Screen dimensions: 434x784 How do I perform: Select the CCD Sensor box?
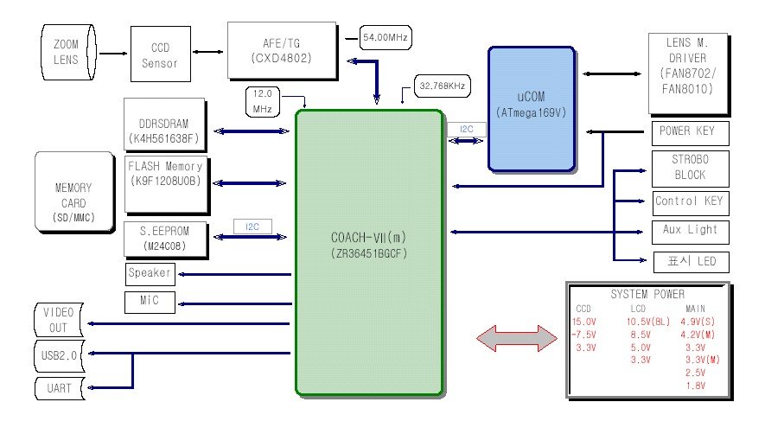pos(161,54)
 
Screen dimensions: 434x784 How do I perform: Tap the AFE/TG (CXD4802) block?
pos(281,50)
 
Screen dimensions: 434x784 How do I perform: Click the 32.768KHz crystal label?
pos(443,87)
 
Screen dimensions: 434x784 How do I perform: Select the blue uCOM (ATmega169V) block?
pos(531,107)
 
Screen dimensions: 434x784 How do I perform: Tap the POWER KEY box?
pos(688,132)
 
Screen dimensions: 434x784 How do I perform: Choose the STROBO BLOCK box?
pos(690,168)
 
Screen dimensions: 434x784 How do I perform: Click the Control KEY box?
pos(690,202)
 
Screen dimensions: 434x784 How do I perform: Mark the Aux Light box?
pos(690,231)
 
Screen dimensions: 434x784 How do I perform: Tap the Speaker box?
pos(150,274)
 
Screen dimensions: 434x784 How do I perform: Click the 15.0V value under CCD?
pos(585,322)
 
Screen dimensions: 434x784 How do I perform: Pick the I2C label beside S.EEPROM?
pos(253,227)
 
